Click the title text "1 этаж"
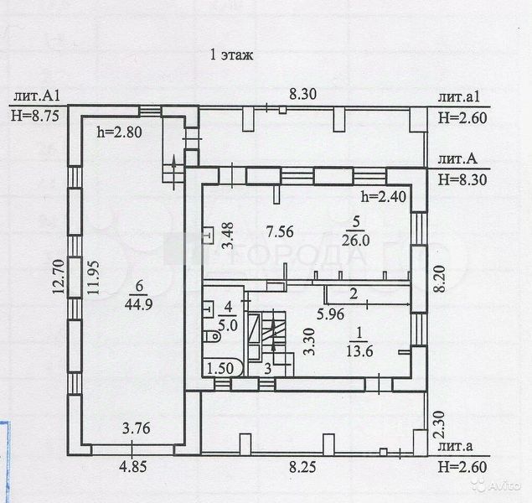click(231, 55)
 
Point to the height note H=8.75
click(34, 117)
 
